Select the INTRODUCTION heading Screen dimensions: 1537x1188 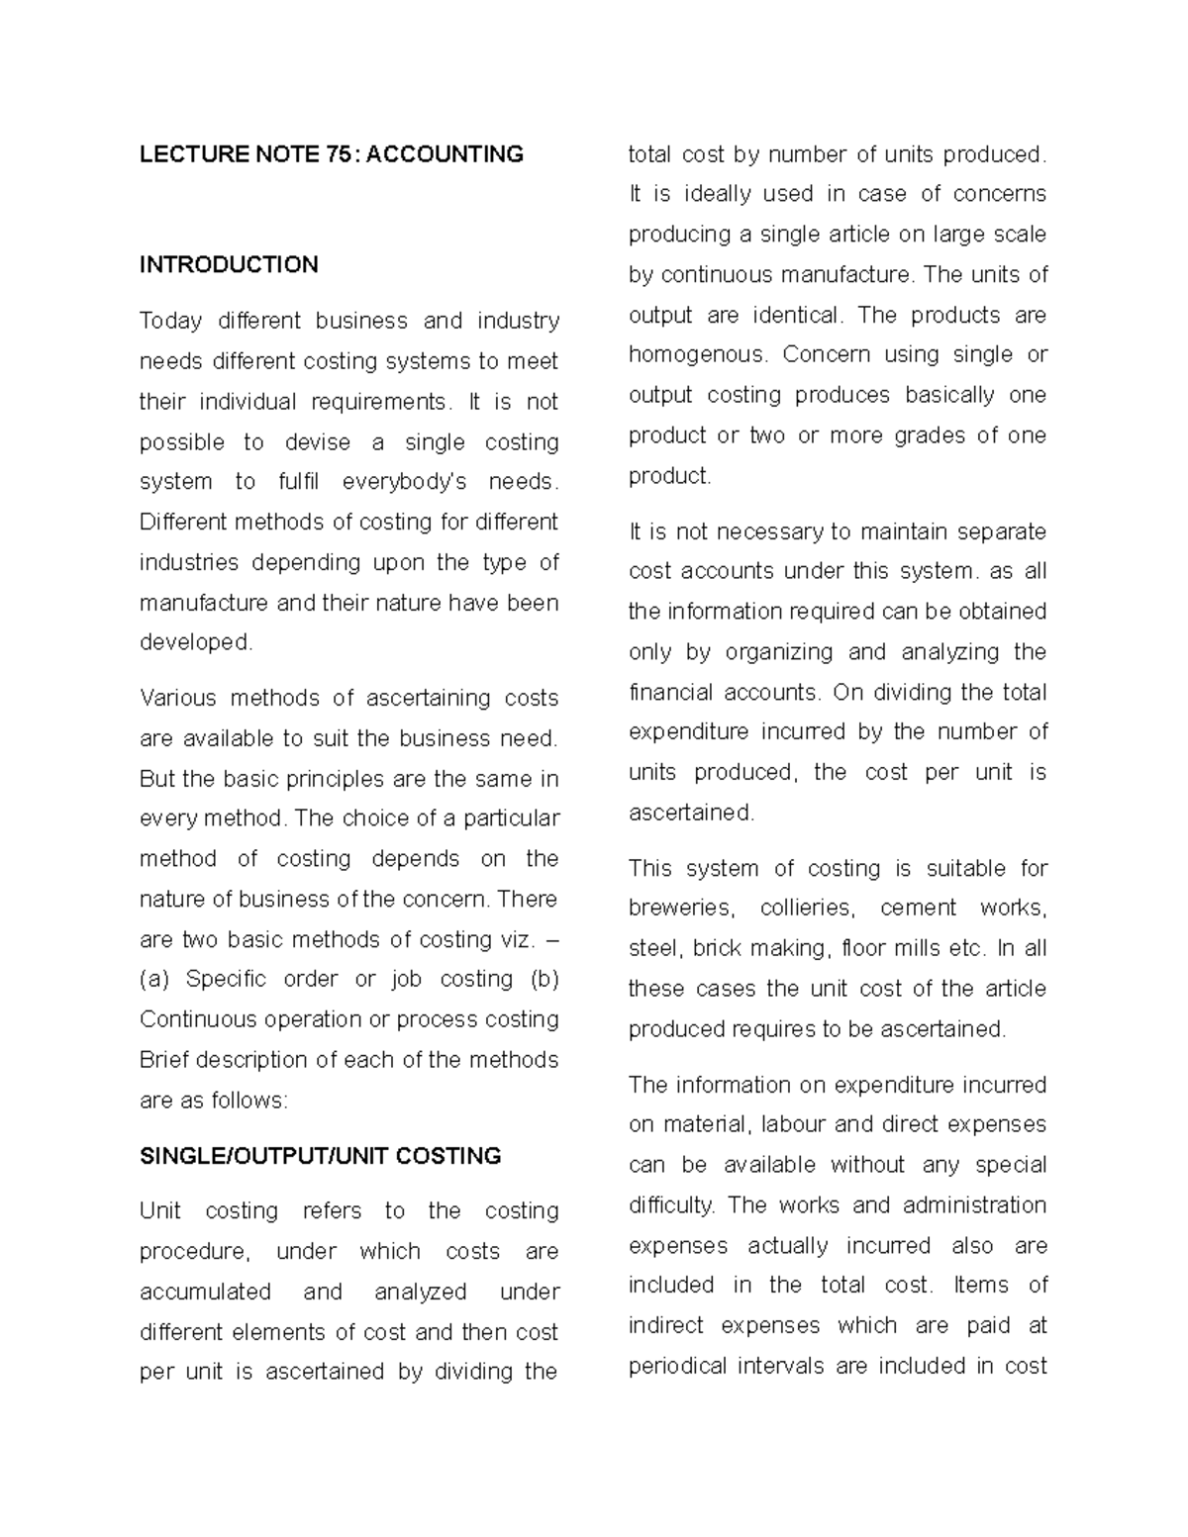pyautogui.click(x=229, y=264)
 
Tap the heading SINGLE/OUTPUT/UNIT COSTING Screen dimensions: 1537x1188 pyautogui.click(x=321, y=1156)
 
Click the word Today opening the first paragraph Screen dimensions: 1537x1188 pyautogui.click(x=170, y=322)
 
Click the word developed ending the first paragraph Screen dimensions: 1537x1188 pyautogui.click(x=195, y=642)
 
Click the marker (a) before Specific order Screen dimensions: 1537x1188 pyautogui.click(x=154, y=980)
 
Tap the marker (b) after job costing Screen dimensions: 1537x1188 pyautogui.click(x=544, y=980)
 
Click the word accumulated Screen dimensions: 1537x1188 pyautogui.click(x=205, y=1293)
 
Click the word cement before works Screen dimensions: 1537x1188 pyautogui.click(x=918, y=909)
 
